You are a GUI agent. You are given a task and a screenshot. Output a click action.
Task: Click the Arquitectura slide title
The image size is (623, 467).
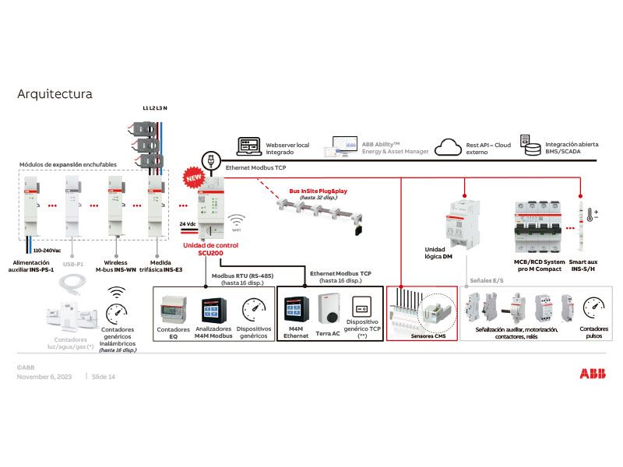pyautogui.click(x=55, y=94)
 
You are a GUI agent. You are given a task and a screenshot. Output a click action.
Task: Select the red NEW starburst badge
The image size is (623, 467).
pyautogui.click(x=193, y=177)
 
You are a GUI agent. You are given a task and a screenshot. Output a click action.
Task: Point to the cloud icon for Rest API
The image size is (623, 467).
pyautogui.click(x=449, y=146)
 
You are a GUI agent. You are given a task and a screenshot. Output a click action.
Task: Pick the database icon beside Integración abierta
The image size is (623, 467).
pyautogui.click(x=531, y=146)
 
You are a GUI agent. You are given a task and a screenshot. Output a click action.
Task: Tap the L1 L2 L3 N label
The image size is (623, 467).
pyautogui.click(x=154, y=108)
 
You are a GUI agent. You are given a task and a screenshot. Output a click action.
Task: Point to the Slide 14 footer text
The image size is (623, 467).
pyautogui.click(x=104, y=377)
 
